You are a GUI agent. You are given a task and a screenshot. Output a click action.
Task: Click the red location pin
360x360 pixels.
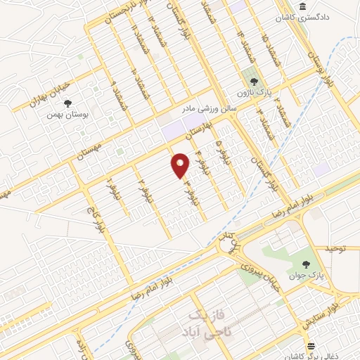(x=181, y=165)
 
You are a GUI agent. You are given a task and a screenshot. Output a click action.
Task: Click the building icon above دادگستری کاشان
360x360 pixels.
(x=302, y=6)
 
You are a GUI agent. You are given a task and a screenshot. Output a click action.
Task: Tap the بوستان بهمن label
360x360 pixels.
(x=67, y=114)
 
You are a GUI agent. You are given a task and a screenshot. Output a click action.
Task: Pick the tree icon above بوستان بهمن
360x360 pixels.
(x=67, y=103)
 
